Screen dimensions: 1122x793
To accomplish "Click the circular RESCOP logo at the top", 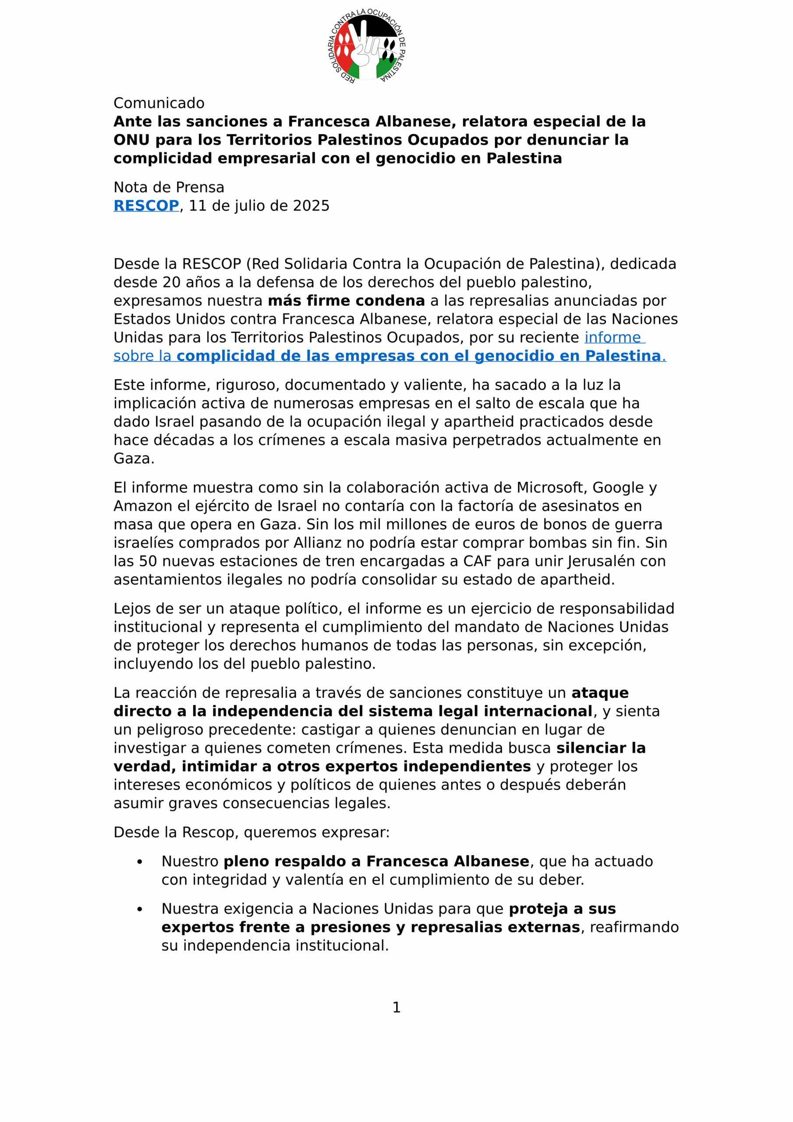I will click(366, 46).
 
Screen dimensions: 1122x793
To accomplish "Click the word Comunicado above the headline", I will click(159, 103).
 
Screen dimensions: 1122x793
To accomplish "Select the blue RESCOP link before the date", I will click(146, 206).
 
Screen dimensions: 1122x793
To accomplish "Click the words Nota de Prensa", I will click(169, 187).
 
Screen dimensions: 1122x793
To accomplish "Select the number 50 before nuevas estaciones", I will click(148, 561).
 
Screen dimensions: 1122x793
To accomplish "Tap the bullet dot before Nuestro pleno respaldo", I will click(140, 862).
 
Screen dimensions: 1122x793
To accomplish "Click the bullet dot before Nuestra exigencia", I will click(140, 909).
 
